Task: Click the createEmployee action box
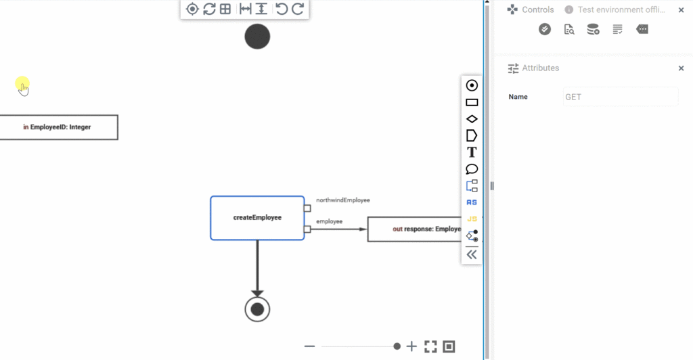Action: click(x=257, y=218)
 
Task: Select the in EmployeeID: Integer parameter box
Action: click(x=59, y=127)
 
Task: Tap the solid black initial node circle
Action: click(x=257, y=37)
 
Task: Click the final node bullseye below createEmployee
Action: click(x=257, y=309)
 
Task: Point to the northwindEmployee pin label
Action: click(x=342, y=200)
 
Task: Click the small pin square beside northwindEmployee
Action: click(x=307, y=208)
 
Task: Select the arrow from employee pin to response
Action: click(x=338, y=229)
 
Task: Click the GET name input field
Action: click(x=621, y=97)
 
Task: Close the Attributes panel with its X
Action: click(x=681, y=68)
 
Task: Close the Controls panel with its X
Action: click(x=681, y=10)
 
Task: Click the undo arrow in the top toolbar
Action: click(x=281, y=9)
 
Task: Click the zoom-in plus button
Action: click(x=411, y=346)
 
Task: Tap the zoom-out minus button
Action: click(x=310, y=346)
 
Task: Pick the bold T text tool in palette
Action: click(x=472, y=152)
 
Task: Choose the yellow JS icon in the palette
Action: click(x=472, y=219)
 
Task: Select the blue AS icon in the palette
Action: click(x=472, y=202)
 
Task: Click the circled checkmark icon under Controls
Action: click(x=545, y=29)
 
